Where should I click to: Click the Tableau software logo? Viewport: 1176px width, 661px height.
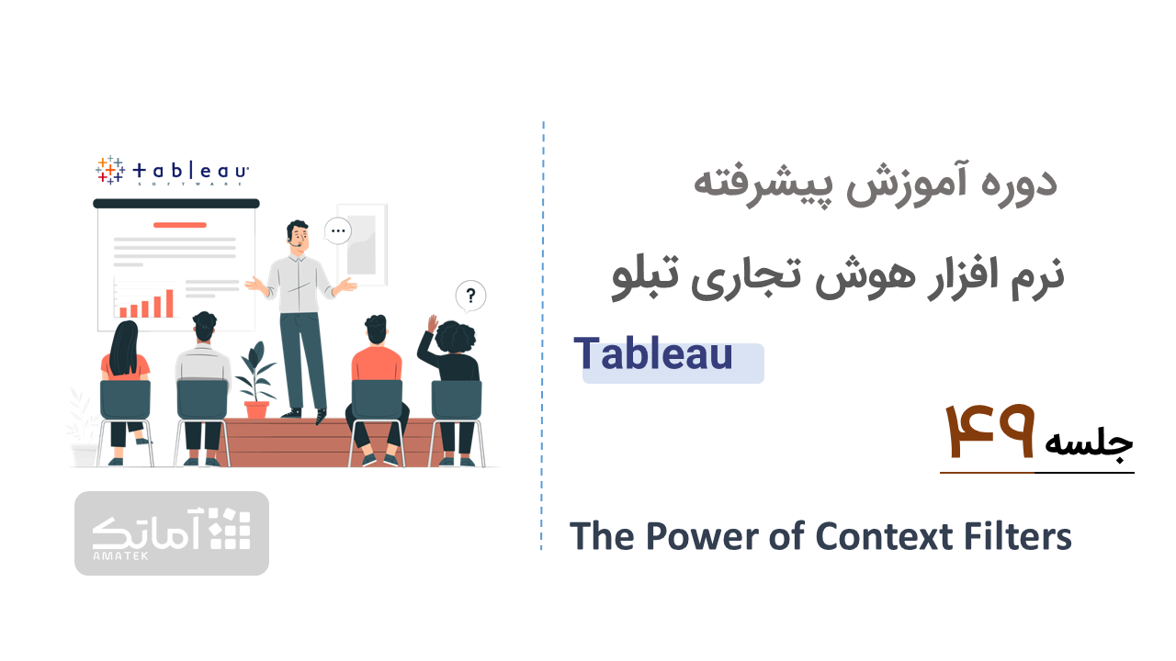click(172, 171)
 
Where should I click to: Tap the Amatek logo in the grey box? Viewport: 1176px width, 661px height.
click(172, 533)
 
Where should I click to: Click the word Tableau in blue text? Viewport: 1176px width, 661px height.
click(653, 353)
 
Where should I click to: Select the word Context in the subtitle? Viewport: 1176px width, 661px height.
click(885, 536)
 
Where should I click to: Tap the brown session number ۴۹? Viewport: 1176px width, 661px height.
click(989, 431)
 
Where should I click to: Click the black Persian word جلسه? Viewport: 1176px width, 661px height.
click(1090, 443)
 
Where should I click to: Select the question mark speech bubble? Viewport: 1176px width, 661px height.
click(470, 297)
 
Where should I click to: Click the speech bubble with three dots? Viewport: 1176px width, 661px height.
click(338, 230)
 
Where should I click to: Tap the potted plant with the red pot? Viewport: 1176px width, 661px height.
click(256, 380)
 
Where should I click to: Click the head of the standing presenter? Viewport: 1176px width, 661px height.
click(298, 234)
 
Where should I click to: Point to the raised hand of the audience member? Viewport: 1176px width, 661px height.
click(433, 323)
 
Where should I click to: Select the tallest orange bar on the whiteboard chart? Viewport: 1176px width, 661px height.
click(170, 303)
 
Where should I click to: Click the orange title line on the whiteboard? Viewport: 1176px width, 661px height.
click(179, 225)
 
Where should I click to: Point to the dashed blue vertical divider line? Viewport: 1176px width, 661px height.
click(542, 336)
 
